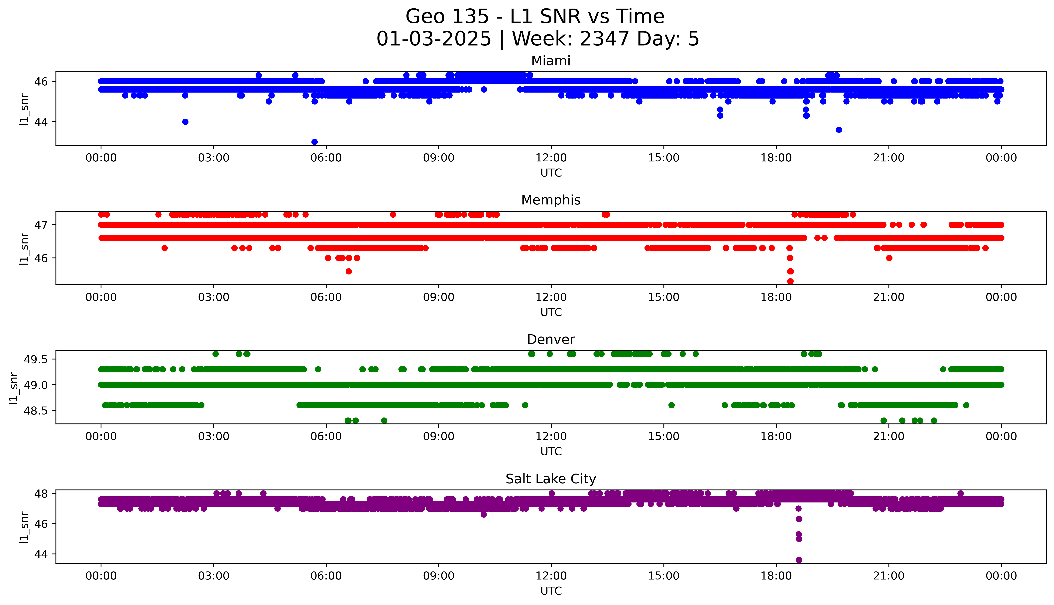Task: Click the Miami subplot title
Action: pos(550,61)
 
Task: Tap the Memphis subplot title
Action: pos(550,200)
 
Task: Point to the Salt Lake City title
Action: pos(550,479)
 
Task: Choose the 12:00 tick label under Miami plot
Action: pos(551,158)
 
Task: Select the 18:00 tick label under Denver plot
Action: pos(776,437)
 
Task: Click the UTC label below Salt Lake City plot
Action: pos(551,591)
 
